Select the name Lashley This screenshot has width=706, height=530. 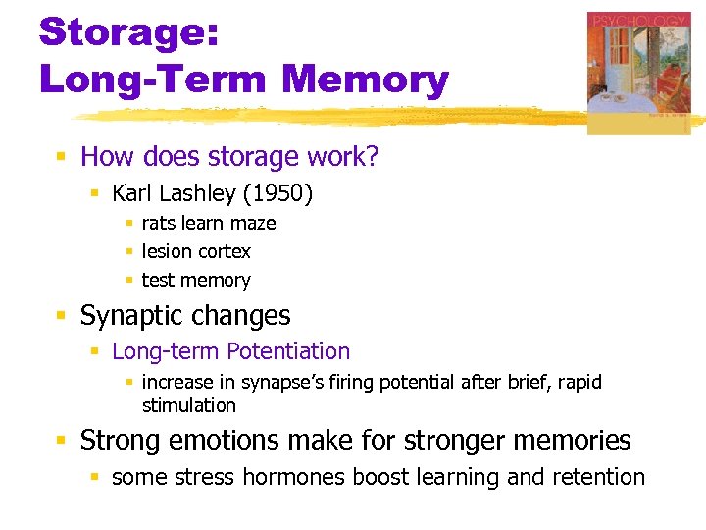201,194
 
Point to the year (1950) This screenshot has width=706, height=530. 280,194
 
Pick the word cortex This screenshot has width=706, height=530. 225,251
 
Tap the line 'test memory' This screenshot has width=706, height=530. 196,280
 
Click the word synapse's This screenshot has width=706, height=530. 280,382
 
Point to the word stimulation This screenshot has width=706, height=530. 189,405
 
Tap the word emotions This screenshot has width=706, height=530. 213,441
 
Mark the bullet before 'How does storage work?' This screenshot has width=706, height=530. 61,157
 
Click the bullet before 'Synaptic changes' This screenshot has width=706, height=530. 61,316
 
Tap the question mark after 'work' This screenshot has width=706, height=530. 372,157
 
